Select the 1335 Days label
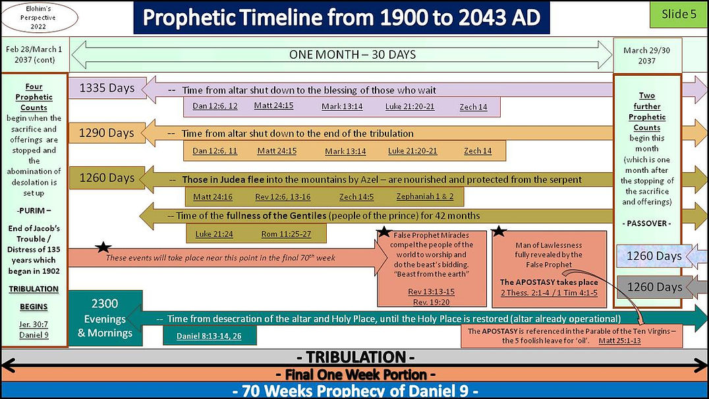(x=107, y=88)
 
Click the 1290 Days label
(x=107, y=133)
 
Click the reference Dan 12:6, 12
(x=215, y=106)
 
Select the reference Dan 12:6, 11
(x=215, y=151)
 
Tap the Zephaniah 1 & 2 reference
(x=430, y=197)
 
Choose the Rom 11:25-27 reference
(x=286, y=233)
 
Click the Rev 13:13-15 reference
(x=432, y=292)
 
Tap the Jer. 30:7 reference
(x=34, y=324)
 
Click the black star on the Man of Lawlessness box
(x=499, y=231)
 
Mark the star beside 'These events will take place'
(x=102, y=247)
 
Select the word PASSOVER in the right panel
(x=646, y=224)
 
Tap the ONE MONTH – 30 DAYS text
(x=353, y=55)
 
